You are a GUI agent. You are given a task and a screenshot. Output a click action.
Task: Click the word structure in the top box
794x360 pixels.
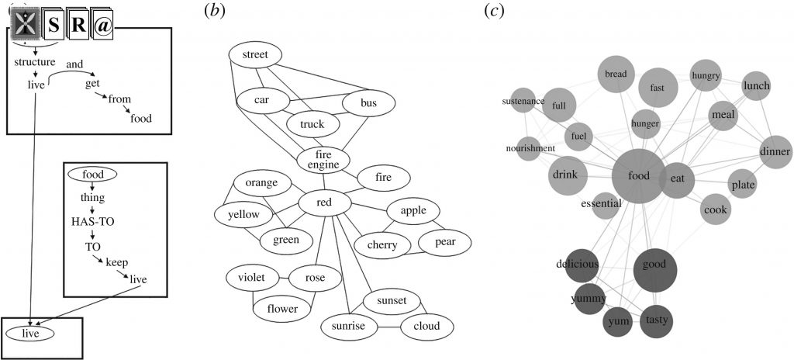click(34, 61)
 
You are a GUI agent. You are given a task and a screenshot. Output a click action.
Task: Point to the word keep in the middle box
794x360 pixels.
click(117, 262)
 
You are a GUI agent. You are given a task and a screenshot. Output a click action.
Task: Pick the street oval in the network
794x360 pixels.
click(255, 54)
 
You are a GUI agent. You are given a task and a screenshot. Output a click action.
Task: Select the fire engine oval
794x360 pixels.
click(323, 160)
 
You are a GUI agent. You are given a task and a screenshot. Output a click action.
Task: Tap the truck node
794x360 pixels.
click(313, 123)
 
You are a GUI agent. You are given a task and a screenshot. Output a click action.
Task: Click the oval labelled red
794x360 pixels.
click(325, 203)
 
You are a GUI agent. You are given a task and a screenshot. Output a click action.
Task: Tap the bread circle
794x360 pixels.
click(616, 74)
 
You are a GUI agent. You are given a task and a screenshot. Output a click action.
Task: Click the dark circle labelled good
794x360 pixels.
click(655, 265)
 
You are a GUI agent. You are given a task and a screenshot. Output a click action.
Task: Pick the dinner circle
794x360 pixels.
click(775, 151)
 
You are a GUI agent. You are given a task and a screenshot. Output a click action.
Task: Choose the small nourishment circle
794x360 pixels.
click(532, 147)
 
